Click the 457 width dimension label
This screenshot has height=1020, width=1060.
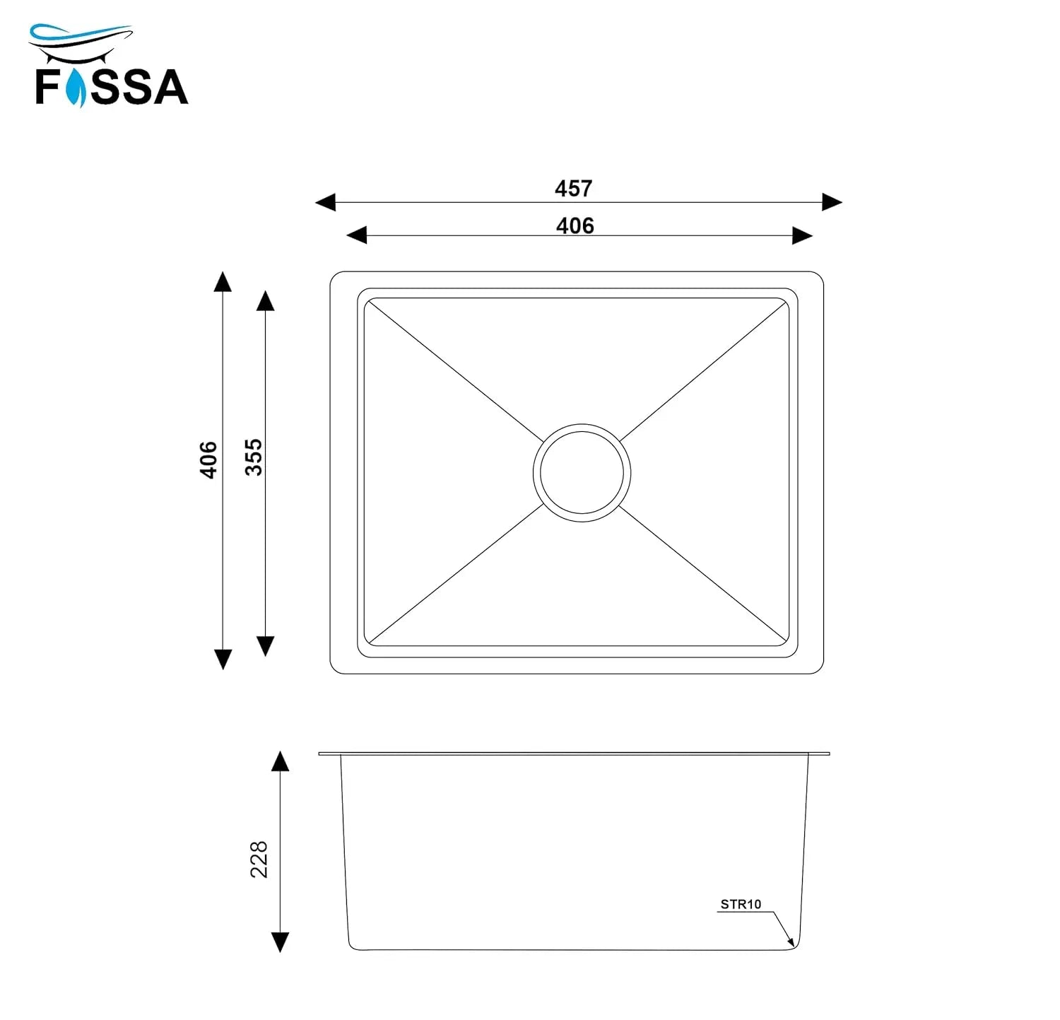[573, 189]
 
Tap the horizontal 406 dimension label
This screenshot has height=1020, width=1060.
[575, 226]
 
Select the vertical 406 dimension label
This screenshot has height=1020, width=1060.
[208, 459]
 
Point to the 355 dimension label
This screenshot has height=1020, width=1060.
[253, 457]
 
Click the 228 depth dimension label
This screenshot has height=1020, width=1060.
[259, 859]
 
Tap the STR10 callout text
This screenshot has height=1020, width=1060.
[741, 904]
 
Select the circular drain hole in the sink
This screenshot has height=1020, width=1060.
[582, 472]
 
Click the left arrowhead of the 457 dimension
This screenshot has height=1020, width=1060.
[326, 203]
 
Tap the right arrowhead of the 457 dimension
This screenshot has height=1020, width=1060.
[832, 202]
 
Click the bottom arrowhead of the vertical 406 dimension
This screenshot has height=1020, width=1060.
[223, 659]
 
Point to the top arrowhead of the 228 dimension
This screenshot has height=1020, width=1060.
[280, 761]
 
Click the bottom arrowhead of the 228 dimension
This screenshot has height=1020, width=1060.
[280, 942]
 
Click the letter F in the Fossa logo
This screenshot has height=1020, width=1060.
[48, 87]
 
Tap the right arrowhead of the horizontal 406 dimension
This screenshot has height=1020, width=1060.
[802, 235]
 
